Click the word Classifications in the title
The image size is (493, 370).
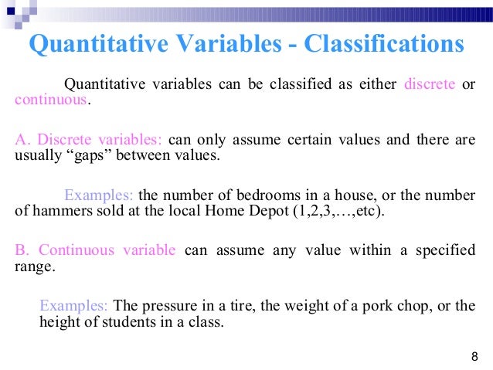coord(383,44)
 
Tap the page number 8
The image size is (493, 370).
coord(474,356)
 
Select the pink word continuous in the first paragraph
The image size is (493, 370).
coord(46,100)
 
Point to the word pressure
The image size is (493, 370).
coord(175,306)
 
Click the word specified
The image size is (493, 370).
coord(447,250)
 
